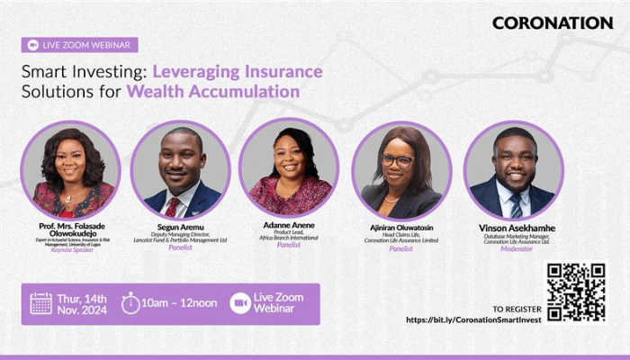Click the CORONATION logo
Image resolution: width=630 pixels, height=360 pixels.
pos(552,22)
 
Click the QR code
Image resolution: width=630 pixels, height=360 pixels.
pos(576,292)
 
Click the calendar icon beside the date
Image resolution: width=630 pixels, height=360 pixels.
pos(40,303)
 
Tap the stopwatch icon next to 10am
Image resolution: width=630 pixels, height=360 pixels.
pos(131,303)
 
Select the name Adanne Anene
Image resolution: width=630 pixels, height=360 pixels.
pos(289,225)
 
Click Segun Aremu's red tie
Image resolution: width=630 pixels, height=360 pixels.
pos(172,206)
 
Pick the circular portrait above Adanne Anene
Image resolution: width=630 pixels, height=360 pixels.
pos(289,167)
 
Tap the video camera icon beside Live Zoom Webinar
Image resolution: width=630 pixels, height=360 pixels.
pos(240,303)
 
